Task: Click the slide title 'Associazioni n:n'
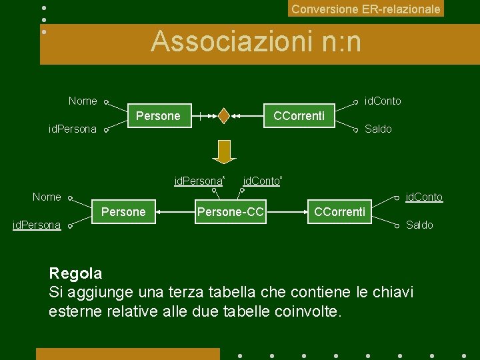[256, 42]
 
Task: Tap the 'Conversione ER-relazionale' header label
[365, 9]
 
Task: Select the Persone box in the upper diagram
[158, 116]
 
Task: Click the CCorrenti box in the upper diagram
[299, 116]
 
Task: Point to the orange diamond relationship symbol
[225, 116]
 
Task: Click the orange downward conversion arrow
[224, 152]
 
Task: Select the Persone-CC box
[230, 212]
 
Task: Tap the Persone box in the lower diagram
[123, 212]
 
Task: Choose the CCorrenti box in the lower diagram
[339, 212]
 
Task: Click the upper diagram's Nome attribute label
[83, 101]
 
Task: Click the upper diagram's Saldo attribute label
[378, 129]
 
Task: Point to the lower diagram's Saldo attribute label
[419, 225]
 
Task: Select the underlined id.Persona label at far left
[37, 225]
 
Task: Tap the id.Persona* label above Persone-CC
[199, 181]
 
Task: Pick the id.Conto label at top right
[383, 101]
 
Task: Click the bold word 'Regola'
[75, 273]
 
